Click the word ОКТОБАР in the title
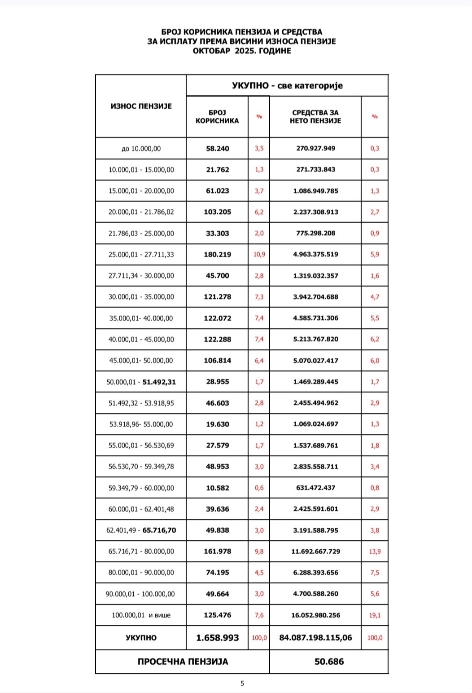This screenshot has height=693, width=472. [x=211, y=51]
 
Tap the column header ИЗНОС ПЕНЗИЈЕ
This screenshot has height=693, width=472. [x=141, y=106]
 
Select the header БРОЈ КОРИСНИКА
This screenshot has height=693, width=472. [x=217, y=116]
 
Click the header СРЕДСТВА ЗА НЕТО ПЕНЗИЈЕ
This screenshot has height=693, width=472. [x=315, y=116]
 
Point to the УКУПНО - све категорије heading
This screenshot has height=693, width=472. [x=287, y=85]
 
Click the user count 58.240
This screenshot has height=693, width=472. [x=217, y=148]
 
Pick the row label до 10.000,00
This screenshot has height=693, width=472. [x=141, y=149]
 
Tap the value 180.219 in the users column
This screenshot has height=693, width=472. [x=217, y=255]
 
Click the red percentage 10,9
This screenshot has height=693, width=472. [x=259, y=255]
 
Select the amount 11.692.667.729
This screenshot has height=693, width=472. [x=316, y=552]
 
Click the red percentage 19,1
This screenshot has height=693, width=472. [x=375, y=615]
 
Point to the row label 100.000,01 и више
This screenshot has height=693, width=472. [x=141, y=615]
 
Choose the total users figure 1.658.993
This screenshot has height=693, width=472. [x=217, y=638]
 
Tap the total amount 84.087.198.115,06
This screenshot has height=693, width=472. [x=315, y=638]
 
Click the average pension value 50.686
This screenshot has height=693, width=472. [x=329, y=662]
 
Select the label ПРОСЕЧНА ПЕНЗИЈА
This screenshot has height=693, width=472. [x=183, y=662]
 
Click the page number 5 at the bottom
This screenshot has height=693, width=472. [x=242, y=684]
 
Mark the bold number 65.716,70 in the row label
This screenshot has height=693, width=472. [x=159, y=530]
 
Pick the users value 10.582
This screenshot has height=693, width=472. [x=217, y=488]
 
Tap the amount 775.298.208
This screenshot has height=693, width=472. [x=316, y=234]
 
